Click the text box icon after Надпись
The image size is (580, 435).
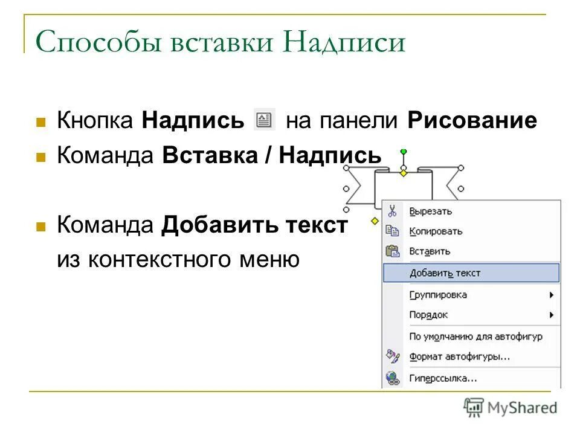(x=264, y=120)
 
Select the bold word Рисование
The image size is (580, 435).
(x=472, y=121)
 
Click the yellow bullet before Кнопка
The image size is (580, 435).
(x=41, y=121)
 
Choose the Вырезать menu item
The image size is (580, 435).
(x=430, y=211)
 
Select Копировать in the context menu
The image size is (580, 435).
(x=436, y=231)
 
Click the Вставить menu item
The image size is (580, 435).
(x=430, y=251)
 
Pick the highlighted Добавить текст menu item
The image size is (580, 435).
(x=445, y=273)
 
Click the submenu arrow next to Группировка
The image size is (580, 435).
(x=551, y=295)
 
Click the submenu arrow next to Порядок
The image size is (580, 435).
(x=551, y=315)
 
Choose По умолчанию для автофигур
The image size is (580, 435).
(x=475, y=337)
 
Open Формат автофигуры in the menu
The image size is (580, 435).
(x=459, y=356)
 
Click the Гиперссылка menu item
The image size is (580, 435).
(x=443, y=379)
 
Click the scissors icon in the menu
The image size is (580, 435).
(x=392, y=211)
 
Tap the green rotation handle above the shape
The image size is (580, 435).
(x=404, y=151)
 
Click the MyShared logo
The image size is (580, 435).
(x=511, y=408)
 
